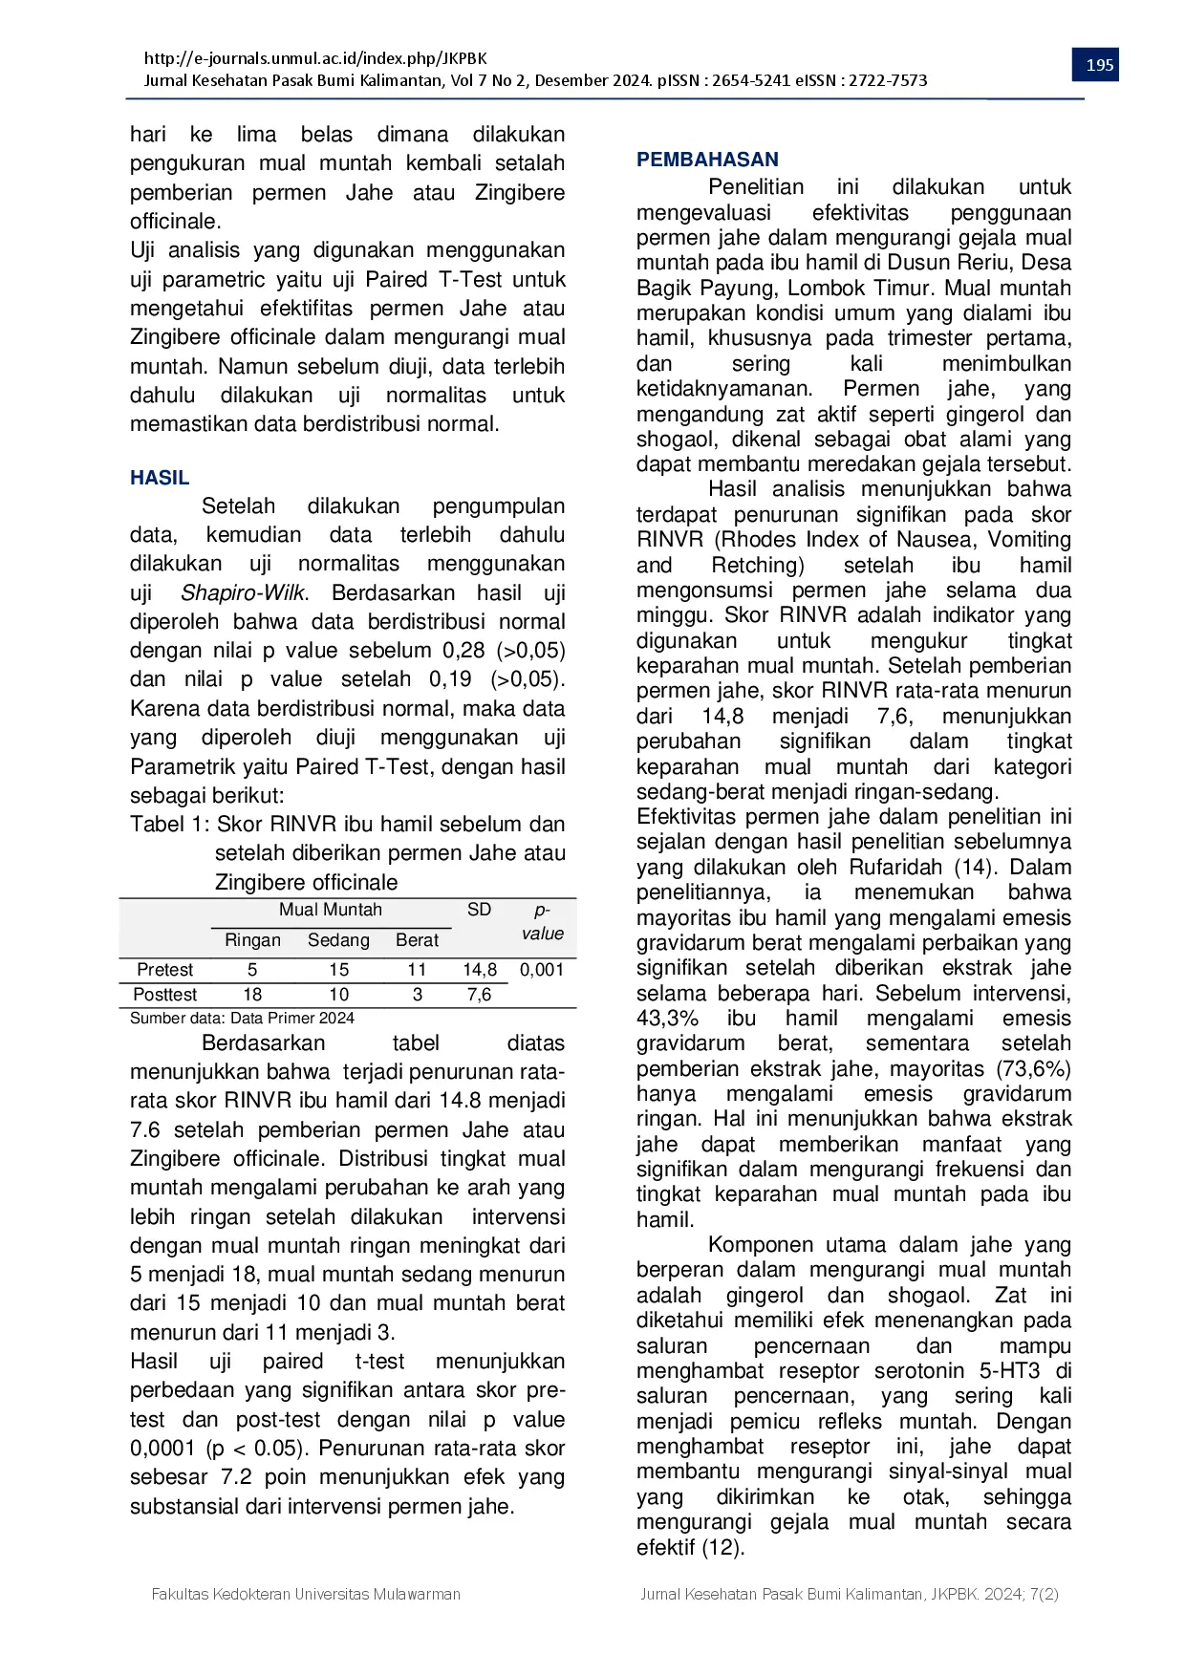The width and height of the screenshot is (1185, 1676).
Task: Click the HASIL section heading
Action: pyautogui.click(x=160, y=478)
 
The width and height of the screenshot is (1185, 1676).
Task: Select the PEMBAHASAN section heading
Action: pyautogui.click(x=707, y=160)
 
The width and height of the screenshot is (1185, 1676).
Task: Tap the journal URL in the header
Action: pyautogui.click(x=315, y=58)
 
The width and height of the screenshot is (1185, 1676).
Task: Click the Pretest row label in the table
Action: pyautogui.click(x=164, y=970)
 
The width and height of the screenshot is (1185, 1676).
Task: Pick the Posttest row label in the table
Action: pyautogui.click(x=165, y=995)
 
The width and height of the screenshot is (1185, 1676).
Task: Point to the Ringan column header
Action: pyautogui.click(x=252, y=940)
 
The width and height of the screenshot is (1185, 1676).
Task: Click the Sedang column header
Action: pyautogui.click(x=338, y=940)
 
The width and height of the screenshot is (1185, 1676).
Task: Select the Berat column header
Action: pyautogui.click(x=417, y=940)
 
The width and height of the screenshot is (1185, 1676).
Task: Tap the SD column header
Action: pyautogui.click(x=479, y=910)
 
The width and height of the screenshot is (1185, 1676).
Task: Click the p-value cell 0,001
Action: pyautogui.click(x=542, y=970)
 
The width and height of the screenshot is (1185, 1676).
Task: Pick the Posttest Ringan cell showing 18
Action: pyautogui.click(x=252, y=995)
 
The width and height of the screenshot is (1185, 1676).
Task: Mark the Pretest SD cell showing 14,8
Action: pyautogui.click(x=480, y=970)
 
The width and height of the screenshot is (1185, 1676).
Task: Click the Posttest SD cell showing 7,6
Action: pyautogui.click(x=479, y=995)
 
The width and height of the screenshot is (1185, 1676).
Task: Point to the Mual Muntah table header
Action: pyautogui.click(x=330, y=910)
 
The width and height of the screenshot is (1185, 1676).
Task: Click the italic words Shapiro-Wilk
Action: pyautogui.click(x=244, y=592)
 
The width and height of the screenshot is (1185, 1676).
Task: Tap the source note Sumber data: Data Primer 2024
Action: pyautogui.click(x=242, y=1019)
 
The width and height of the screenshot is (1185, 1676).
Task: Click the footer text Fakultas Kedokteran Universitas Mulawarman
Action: pyautogui.click(x=306, y=1594)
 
